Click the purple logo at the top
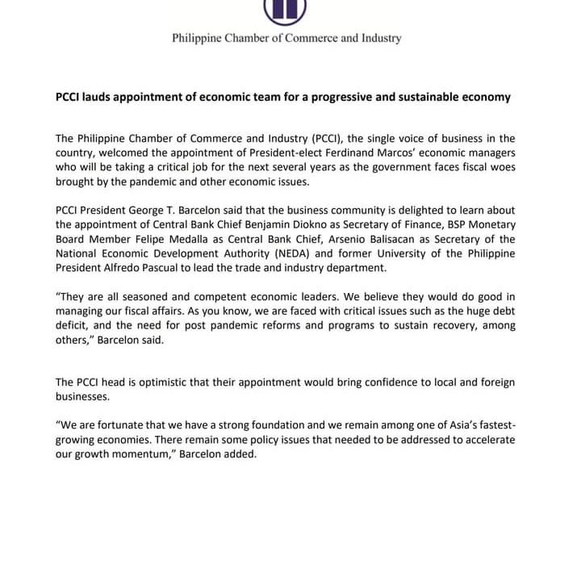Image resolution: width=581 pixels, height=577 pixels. (285, 9)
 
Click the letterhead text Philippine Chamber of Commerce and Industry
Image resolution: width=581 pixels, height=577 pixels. (286, 38)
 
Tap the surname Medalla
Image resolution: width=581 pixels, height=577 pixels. (231, 240)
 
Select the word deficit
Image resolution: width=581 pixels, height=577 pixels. (74, 327)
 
